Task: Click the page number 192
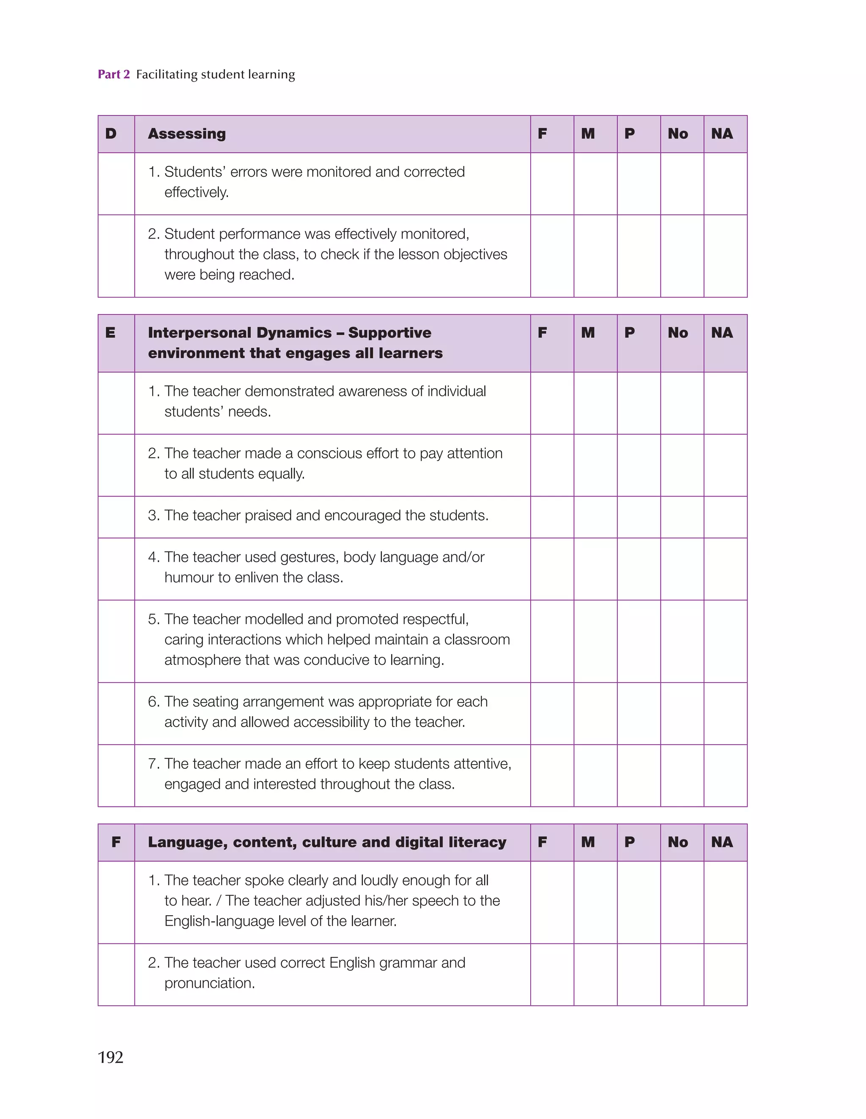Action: pos(110,1057)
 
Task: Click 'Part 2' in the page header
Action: pos(114,74)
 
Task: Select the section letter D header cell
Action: pos(116,134)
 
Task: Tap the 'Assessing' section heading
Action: pos(186,134)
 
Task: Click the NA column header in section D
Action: pos(725,134)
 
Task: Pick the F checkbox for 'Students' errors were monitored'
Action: pos(552,184)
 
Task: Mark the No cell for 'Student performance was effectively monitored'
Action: pos(682,256)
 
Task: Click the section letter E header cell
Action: pos(116,343)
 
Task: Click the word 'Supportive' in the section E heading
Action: pos(389,332)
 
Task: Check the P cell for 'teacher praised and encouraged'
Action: pos(639,516)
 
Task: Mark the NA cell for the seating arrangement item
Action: pos(725,713)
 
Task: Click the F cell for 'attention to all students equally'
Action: pos(552,465)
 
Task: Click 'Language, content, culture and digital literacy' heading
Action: pos(327,842)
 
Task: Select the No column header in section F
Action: pos(682,842)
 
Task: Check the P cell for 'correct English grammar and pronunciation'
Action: pos(639,974)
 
